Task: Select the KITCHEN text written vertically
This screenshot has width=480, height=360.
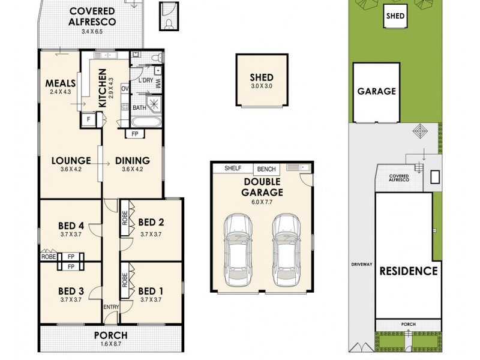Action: tap(103, 88)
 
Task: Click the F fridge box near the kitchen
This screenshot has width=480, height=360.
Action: tap(89, 119)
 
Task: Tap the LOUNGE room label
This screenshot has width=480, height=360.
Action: tap(71, 160)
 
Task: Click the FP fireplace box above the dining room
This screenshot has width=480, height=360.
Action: tap(135, 134)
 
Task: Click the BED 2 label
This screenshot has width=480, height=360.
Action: tap(151, 221)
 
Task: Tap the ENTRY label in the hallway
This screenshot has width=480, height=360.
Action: tap(112, 307)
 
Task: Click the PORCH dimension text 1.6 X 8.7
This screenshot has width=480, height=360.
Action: tap(111, 344)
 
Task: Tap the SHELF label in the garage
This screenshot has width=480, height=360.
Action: tap(233, 169)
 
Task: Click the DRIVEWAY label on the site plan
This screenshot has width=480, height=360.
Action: tap(363, 264)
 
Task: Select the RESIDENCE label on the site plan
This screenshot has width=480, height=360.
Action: tap(408, 271)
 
